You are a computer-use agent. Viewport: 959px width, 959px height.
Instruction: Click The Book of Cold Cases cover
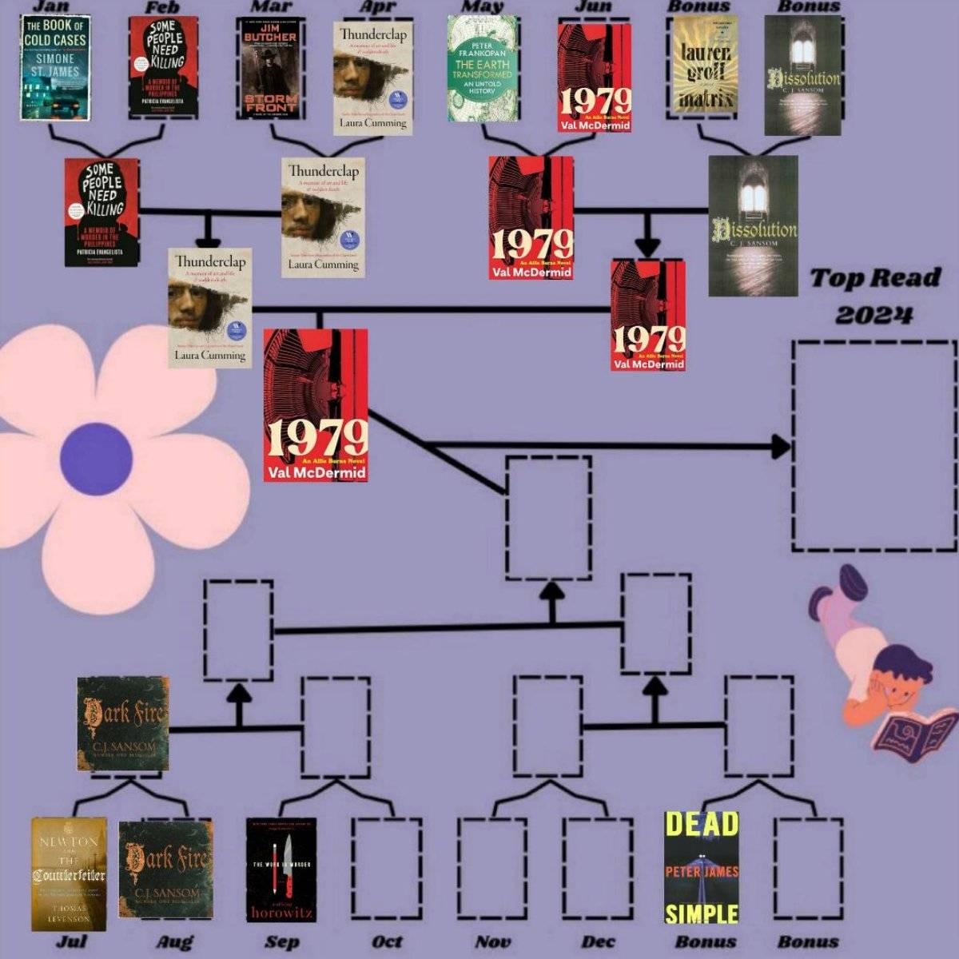coord(55,67)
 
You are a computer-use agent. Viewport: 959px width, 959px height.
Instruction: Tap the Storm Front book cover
coord(271,69)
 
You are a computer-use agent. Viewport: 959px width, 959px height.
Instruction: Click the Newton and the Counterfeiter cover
coord(69,873)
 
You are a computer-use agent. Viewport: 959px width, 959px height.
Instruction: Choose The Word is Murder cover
coord(281,869)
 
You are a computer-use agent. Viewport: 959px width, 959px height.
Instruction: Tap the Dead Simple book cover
coord(702,868)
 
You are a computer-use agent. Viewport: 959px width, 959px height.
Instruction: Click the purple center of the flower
coord(96,459)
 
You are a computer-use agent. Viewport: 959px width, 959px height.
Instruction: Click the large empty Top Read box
coord(873,446)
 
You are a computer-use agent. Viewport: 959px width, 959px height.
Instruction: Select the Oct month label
coord(388,941)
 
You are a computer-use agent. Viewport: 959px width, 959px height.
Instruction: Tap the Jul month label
coord(71,941)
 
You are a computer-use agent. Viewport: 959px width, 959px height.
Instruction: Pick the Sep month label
coord(281,941)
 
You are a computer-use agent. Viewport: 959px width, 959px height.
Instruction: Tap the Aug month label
coord(174,941)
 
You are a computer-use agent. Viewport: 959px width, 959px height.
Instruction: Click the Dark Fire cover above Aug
coord(165,869)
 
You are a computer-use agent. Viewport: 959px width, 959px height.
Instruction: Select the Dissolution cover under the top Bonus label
coord(802,75)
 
